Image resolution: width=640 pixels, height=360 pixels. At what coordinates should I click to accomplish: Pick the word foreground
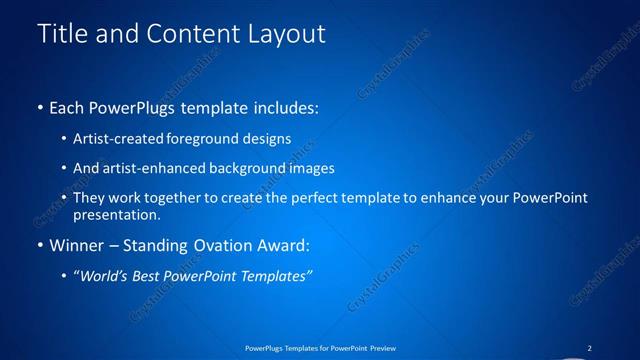[x=208, y=139]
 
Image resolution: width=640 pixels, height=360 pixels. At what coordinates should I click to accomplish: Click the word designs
[x=269, y=139]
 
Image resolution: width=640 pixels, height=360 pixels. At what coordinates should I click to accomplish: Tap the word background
[x=252, y=168]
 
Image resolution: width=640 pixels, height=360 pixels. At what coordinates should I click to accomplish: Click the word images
[x=314, y=168]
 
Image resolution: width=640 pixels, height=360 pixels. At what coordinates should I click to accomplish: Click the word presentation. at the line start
[x=117, y=215]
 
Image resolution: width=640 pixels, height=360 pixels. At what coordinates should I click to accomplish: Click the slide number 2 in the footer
[x=589, y=348]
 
